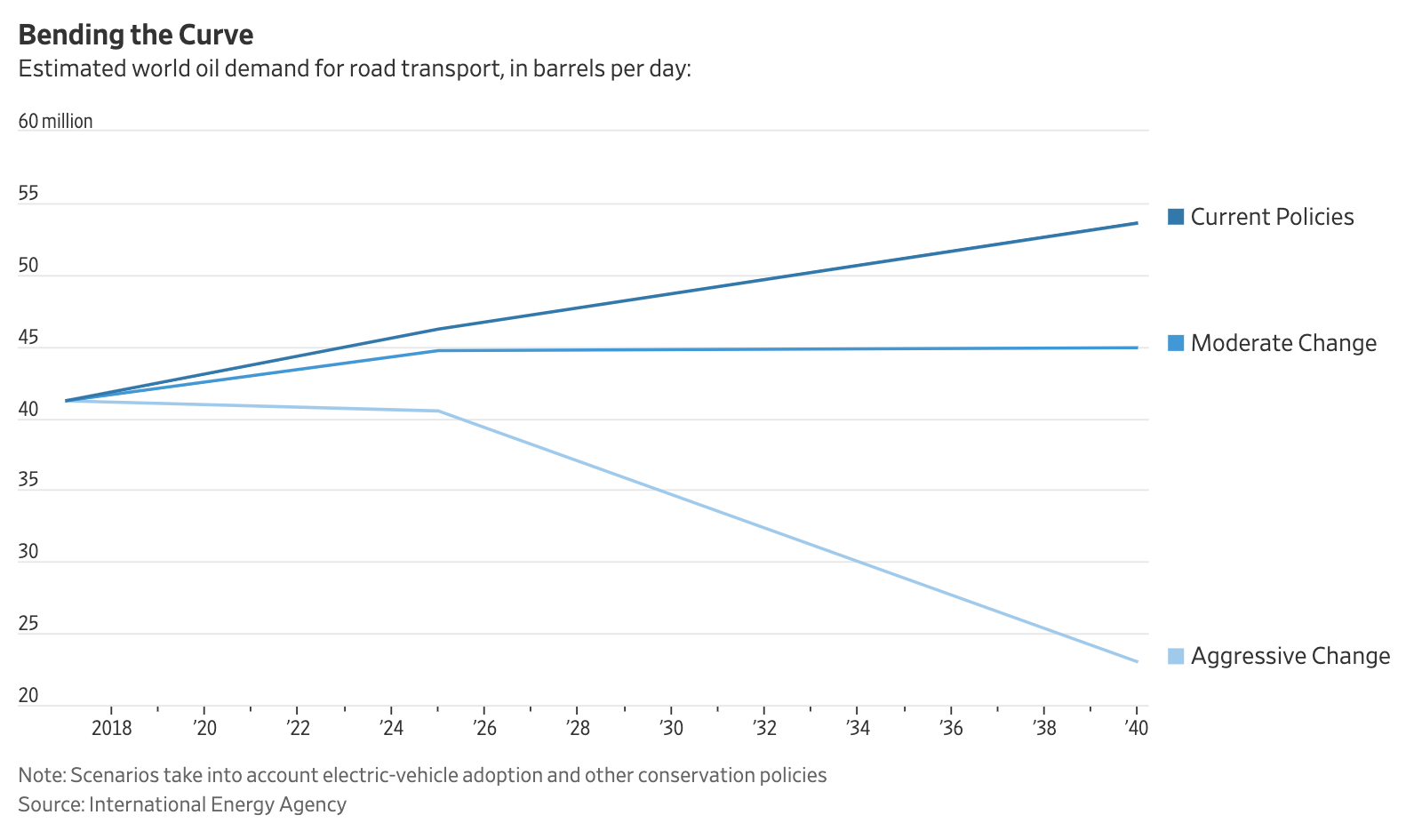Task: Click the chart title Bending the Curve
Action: click(x=136, y=35)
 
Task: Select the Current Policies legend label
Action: click(x=1271, y=217)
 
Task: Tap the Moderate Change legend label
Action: click(x=1282, y=343)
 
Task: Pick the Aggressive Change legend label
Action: click(x=1290, y=656)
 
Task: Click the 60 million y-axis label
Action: click(x=55, y=121)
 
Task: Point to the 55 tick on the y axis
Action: click(x=28, y=193)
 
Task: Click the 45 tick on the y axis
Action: click(x=28, y=337)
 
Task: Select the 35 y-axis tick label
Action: click(x=28, y=480)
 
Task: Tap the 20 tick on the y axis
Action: click(x=28, y=695)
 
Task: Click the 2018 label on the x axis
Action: click(x=111, y=729)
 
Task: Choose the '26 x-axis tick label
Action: click(x=484, y=729)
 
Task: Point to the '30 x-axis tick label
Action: click(x=671, y=729)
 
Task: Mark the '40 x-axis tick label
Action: click(x=1136, y=729)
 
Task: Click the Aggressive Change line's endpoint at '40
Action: click(x=1137, y=661)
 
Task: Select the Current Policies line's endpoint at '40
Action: click(x=1137, y=223)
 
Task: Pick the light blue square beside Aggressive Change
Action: click(x=1176, y=657)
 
